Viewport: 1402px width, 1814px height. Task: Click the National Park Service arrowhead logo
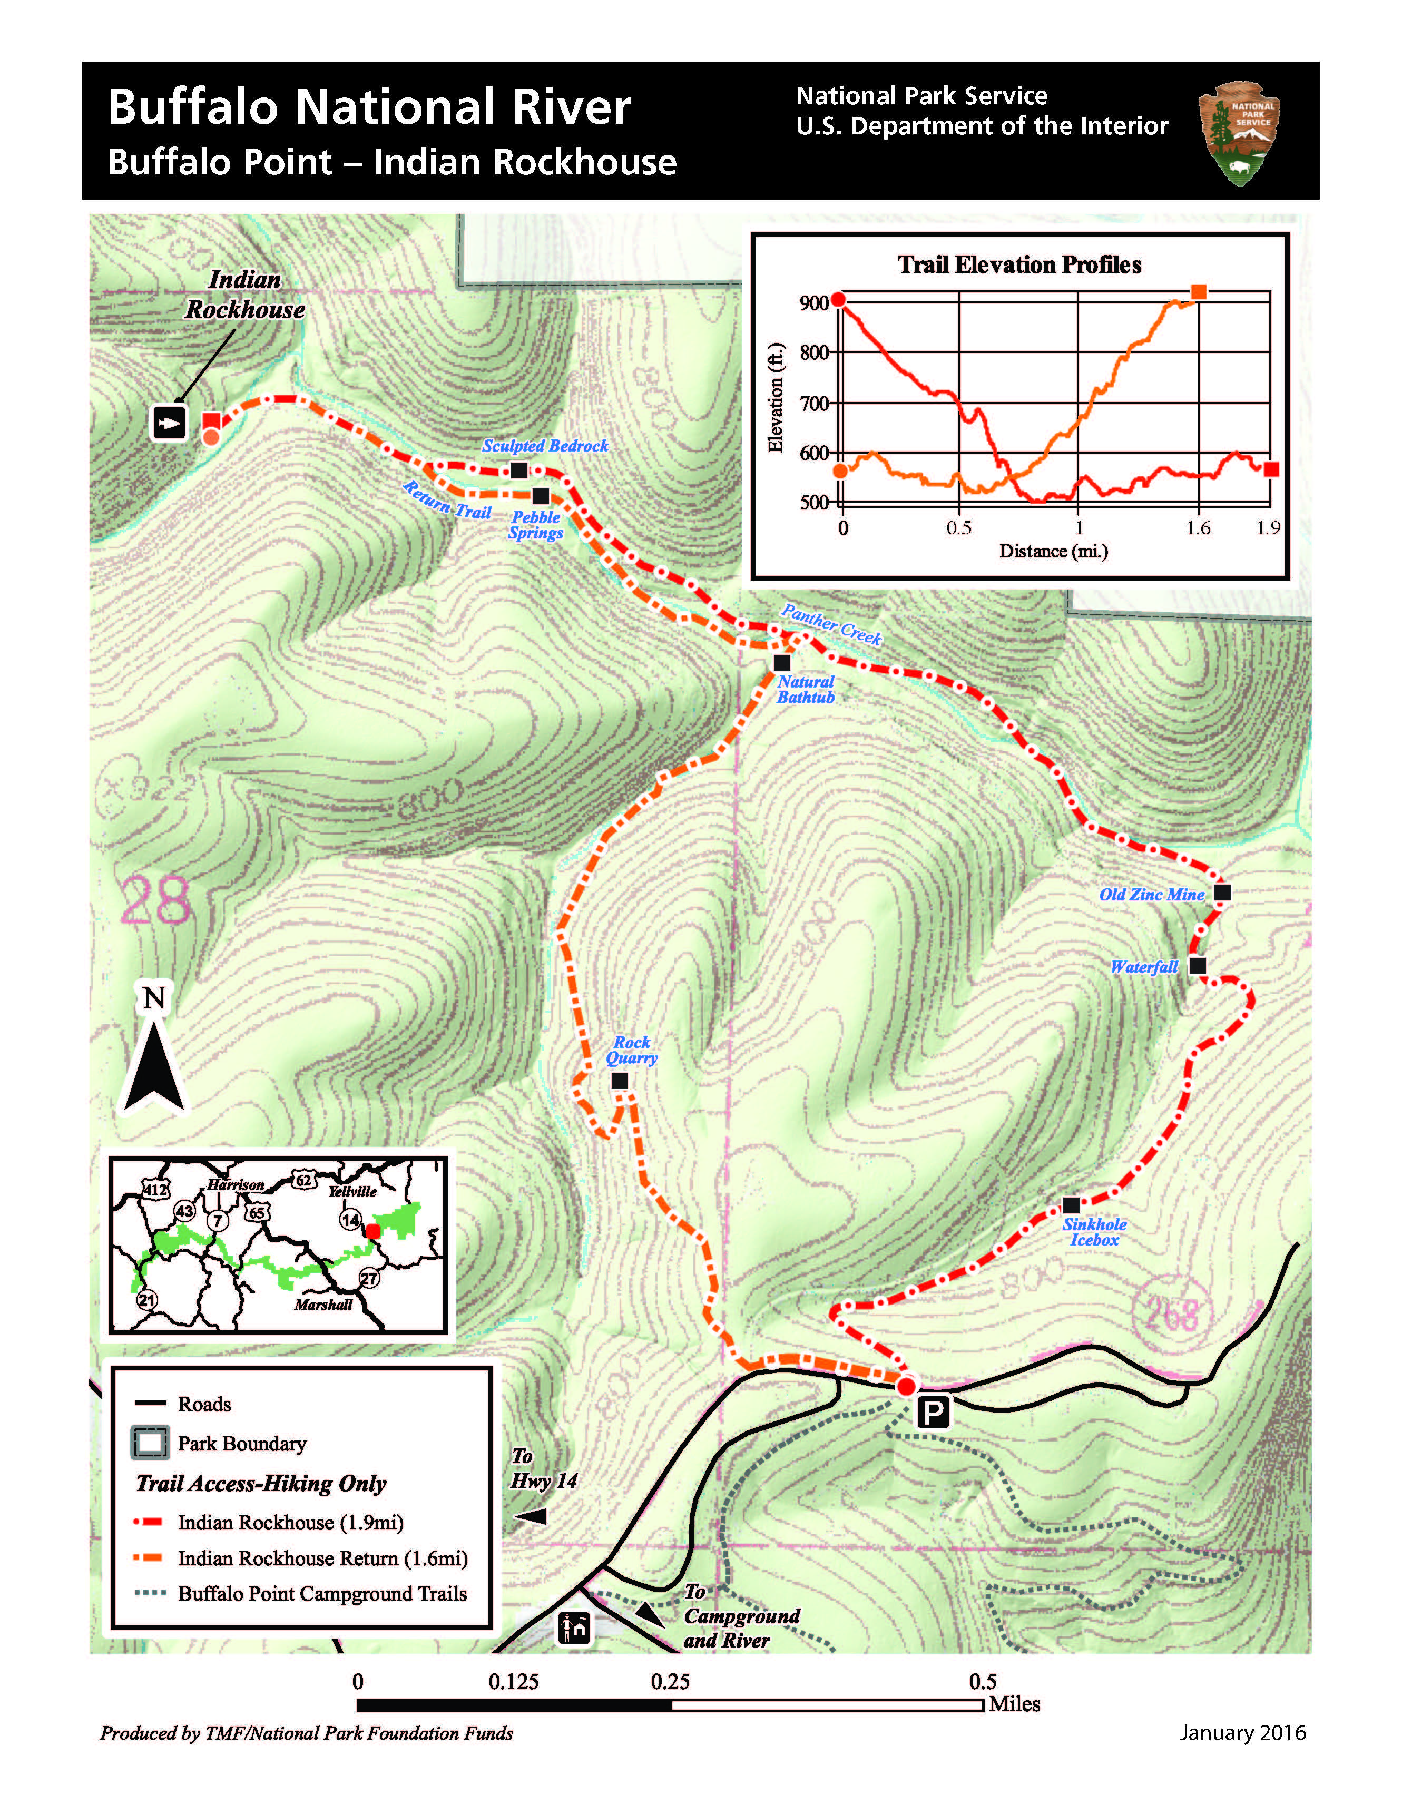(1239, 133)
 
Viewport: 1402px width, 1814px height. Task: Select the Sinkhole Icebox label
(1095, 1232)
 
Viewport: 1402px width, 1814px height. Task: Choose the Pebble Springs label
(536, 525)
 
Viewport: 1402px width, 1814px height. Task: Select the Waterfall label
(1144, 967)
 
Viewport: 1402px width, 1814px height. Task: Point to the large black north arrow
(154, 1063)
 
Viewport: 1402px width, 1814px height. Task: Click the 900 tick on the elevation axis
(814, 303)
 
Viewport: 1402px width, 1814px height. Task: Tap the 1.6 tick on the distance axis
(1198, 528)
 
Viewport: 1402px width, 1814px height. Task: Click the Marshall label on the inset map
(323, 1305)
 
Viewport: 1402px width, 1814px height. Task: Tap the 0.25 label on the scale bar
(670, 1682)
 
